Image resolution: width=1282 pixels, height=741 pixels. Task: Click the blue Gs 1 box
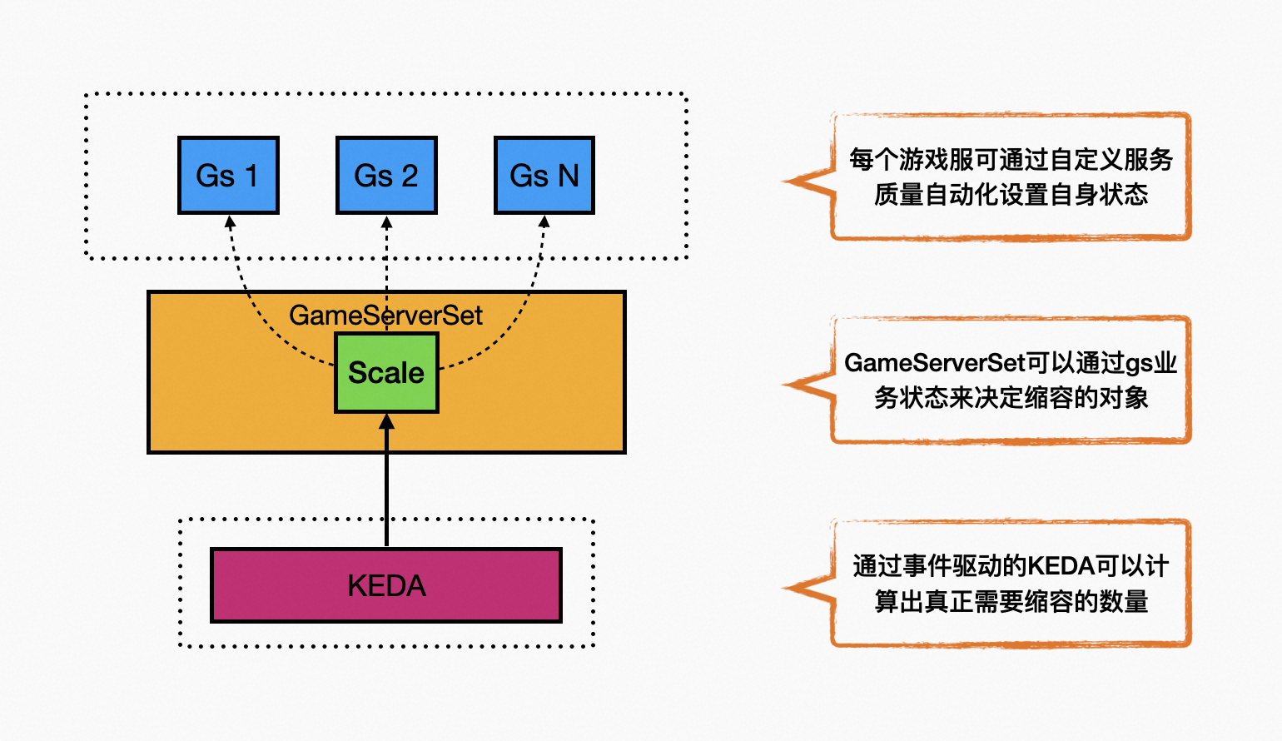point(228,176)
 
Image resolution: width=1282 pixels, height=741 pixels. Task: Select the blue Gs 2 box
point(386,176)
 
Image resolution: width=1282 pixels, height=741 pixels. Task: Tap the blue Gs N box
point(544,176)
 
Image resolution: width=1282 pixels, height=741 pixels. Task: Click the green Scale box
point(386,373)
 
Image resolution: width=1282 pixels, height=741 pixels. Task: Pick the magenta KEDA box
point(386,585)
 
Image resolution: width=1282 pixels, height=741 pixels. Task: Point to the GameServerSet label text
point(386,316)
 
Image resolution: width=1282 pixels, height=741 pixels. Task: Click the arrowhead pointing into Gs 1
point(231,222)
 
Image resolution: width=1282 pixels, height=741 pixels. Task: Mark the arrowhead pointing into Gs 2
point(386,222)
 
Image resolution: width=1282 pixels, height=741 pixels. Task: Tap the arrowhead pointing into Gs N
point(544,222)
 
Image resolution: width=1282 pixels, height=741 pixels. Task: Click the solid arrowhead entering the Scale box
point(386,422)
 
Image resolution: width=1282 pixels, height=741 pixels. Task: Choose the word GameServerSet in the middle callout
point(934,363)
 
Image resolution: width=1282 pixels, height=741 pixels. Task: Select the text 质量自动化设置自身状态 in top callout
point(1011,195)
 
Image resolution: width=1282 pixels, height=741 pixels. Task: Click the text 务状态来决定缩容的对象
point(1011,398)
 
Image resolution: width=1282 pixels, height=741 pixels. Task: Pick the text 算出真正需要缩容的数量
point(1011,601)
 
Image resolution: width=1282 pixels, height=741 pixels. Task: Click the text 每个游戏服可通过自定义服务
point(1011,159)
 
